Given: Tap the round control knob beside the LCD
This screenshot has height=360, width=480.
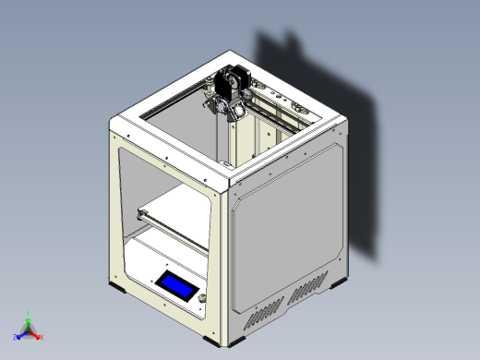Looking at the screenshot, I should (x=200, y=298).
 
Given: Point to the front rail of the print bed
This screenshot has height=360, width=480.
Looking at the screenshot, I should (x=171, y=229).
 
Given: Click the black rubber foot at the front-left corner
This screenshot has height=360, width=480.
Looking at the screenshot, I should (x=119, y=287).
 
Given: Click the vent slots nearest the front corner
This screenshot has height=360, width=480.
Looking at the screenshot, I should (x=262, y=317).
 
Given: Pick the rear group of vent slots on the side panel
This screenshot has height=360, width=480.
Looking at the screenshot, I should (x=308, y=292).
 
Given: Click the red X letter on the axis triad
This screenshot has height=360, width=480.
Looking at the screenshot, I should (x=40, y=337).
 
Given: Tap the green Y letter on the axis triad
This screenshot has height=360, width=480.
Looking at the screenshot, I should (x=29, y=314).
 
